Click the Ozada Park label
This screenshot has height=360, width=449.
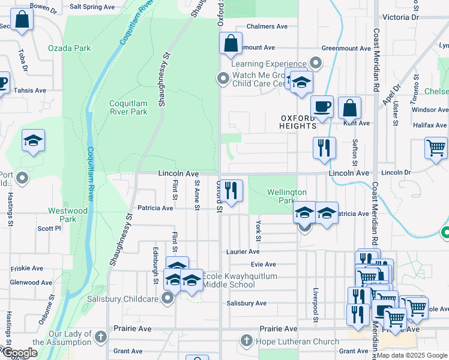[x=70, y=48]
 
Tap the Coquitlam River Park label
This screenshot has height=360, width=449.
[x=128, y=107]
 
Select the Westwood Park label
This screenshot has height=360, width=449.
[x=68, y=215]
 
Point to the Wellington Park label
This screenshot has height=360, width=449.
[x=287, y=196]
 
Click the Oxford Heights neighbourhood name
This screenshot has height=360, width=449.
[x=298, y=122]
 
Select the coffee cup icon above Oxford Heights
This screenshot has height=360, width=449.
[x=322, y=106]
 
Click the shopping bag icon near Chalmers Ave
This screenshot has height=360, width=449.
[x=231, y=43]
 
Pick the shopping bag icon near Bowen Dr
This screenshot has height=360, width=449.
[x=22, y=20]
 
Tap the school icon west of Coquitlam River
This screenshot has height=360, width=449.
[x=34, y=141]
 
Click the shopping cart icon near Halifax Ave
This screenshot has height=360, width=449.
[x=436, y=147]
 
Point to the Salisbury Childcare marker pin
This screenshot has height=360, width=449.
[x=168, y=298]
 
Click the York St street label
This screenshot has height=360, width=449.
[x=258, y=230]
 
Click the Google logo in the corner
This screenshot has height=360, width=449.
[x=20, y=353]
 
